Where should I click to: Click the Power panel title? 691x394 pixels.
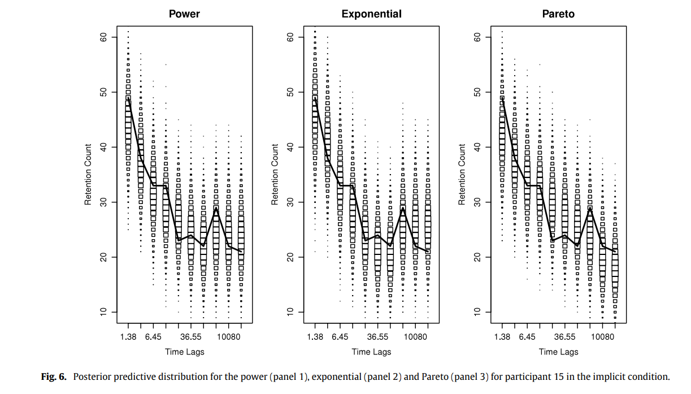184,14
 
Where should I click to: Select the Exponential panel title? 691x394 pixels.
371,14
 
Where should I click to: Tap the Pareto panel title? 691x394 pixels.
558,14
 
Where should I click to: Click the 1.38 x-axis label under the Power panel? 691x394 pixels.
128,337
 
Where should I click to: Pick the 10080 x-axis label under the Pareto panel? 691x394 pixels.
602,337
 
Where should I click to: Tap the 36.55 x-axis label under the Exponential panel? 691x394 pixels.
378,337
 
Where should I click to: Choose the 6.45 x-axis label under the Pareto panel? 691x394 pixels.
527,337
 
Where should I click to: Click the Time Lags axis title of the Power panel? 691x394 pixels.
185,352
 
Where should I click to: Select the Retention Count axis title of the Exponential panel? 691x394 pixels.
275,174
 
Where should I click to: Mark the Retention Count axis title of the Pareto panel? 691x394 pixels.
462,174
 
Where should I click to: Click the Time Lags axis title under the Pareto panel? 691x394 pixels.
558,352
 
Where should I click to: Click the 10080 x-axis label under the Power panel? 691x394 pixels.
229,337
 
